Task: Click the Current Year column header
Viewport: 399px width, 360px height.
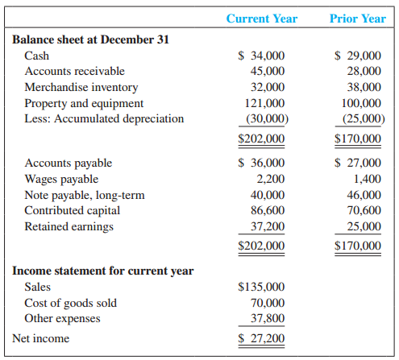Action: pos(261,18)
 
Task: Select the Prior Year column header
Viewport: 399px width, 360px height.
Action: pos(358,18)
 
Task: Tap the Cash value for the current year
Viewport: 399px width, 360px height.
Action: pos(262,56)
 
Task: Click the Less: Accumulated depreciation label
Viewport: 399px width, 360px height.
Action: pos(104,118)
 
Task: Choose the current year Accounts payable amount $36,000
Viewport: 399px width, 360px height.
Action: pos(262,163)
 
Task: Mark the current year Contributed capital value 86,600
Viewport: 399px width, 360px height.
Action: pos(267,210)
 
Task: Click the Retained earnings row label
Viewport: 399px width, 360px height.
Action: pos(69,226)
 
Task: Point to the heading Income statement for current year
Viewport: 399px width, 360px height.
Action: pos(103,271)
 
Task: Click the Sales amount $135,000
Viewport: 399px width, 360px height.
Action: pos(262,287)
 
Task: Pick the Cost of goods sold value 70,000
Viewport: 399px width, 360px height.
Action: pos(267,303)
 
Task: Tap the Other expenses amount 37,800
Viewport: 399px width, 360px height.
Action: pos(267,318)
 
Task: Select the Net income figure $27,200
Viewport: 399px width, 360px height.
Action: pos(262,338)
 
